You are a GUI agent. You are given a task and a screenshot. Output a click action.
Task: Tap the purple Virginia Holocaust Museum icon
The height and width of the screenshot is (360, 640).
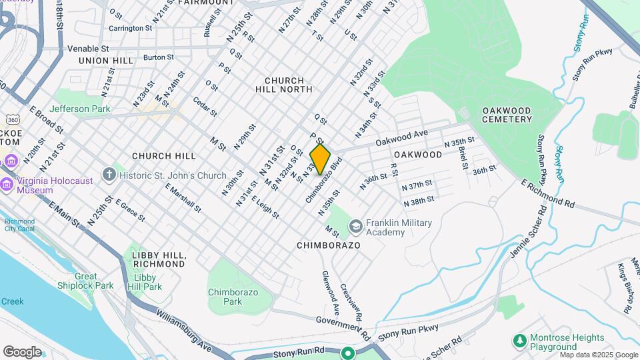pyautogui.click(x=11, y=161)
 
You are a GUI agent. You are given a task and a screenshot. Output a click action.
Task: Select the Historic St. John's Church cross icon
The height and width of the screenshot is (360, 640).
pyautogui.click(x=110, y=175)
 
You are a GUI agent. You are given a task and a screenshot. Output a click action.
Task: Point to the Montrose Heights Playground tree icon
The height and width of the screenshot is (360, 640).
pyautogui.click(x=520, y=341)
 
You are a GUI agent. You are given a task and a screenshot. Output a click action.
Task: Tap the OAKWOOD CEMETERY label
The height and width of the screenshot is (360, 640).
pyautogui.click(x=507, y=115)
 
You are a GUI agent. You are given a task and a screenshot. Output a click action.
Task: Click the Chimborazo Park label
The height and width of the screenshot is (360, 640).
pyautogui.click(x=233, y=297)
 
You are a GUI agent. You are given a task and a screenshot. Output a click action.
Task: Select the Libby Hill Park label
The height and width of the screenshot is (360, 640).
pyautogui.click(x=147, y=282)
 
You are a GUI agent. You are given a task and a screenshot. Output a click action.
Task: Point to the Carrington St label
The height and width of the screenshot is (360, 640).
pyautogui.click(x=126, y=28)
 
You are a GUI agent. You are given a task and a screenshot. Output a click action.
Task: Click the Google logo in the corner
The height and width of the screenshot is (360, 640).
pyautogui.click(x=22, y=351)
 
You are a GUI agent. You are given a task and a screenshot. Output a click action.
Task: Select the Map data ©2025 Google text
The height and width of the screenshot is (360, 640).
pyautogui.click(x=598, y=355)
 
